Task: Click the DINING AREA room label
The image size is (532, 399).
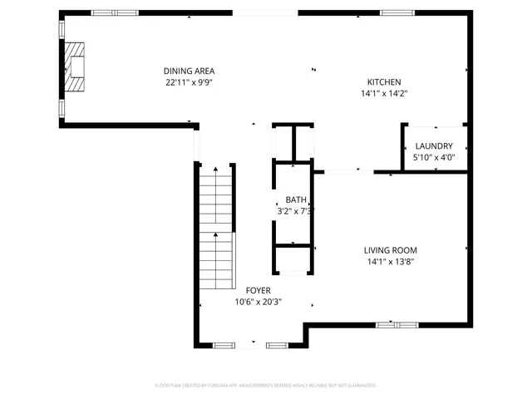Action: pos(189,71)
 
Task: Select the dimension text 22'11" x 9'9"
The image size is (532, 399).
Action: pos(189,82)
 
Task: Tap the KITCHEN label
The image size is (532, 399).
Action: pos(384,81)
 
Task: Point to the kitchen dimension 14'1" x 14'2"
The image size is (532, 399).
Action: pos(384,94)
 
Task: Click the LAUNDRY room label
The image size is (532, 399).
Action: pos(434,145)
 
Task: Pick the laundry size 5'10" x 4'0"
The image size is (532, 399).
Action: pos(434,157)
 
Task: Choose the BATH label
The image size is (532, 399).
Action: pos(296,199)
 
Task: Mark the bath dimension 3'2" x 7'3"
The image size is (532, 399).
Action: pos(296,212)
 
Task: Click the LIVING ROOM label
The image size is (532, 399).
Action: pos(390,250)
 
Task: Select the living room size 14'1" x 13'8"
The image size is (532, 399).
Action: pos(390,262)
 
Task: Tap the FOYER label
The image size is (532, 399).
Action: pos(258,290)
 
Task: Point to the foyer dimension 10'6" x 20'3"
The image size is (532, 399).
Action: pos(258,302)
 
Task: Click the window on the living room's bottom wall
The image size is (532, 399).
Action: pos(397,323)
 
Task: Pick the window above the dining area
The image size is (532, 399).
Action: pos(115,12)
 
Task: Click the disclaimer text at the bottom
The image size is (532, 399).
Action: pos(266,386)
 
